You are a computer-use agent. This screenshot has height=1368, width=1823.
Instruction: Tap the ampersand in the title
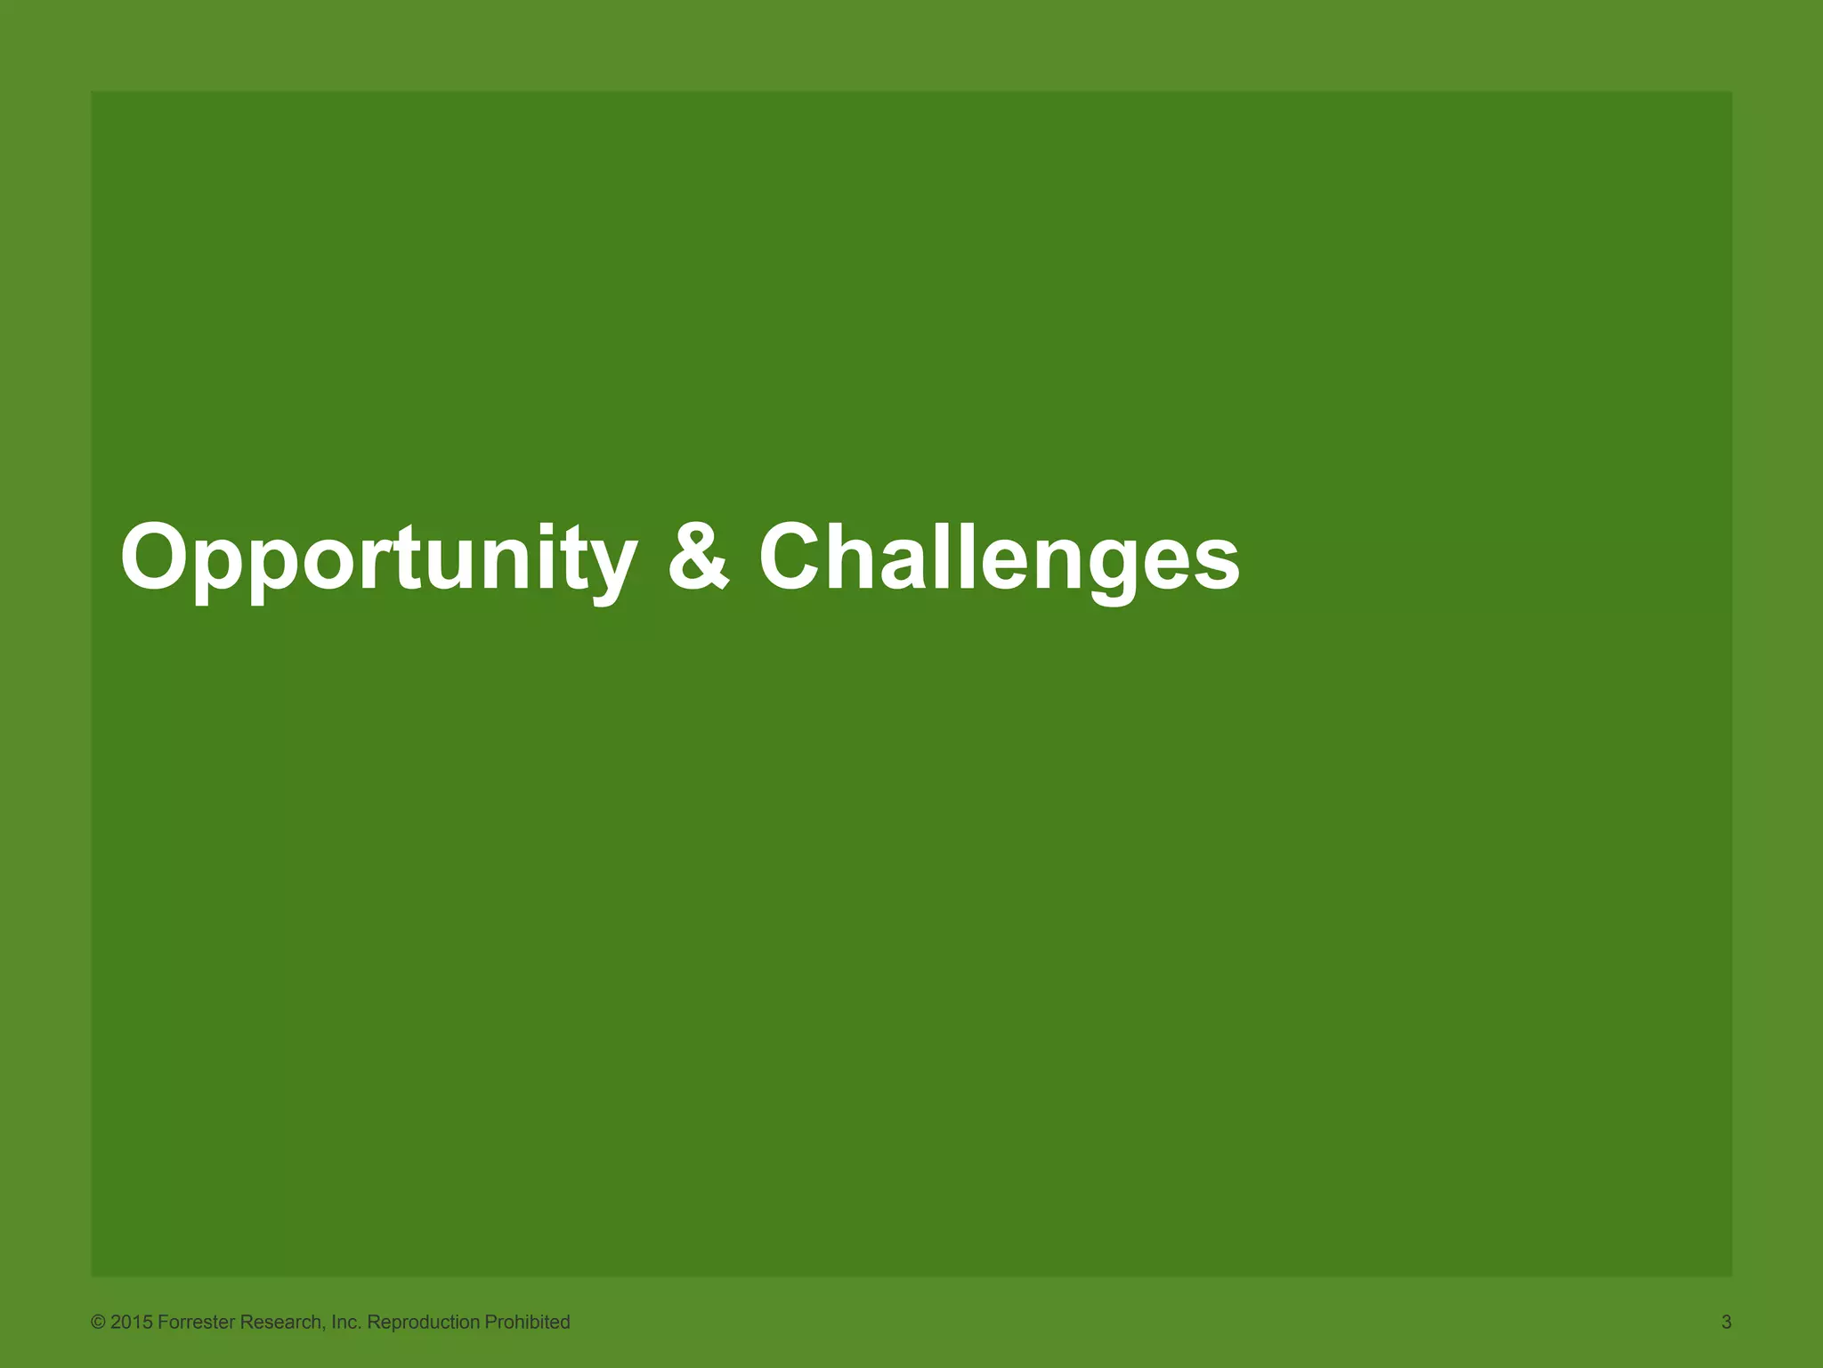click(700, 558)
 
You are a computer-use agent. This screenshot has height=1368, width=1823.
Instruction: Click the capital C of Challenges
click(794, 558)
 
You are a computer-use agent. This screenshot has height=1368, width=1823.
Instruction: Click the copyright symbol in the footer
click(98, 1323)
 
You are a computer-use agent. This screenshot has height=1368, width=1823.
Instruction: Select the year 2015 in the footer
click(132, 1323)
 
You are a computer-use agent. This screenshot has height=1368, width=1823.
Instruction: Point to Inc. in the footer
click(345, 1323)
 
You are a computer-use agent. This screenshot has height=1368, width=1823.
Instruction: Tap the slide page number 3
click(1726, 1323)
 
